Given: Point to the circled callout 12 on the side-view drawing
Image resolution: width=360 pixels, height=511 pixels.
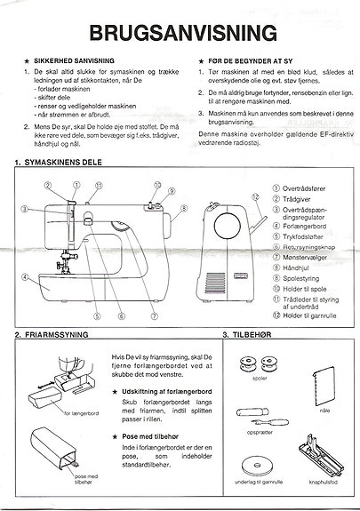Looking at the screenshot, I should (257, 199).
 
